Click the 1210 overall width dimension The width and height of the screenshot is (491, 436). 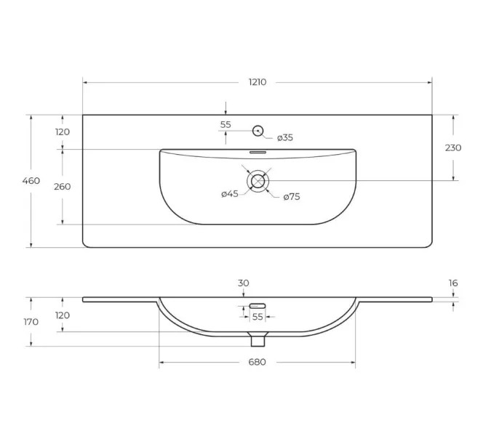click(x=258, y=82)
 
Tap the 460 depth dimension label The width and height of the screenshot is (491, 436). click(x=31, y=181)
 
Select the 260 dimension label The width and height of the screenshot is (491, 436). click(x=63, y=187)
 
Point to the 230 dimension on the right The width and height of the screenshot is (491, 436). click(x=453, y=148)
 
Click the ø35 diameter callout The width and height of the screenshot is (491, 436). click(x=285, y=137)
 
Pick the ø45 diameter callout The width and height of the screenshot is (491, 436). click(x=230, y=194)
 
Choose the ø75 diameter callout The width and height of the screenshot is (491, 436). click(x=292, y=197)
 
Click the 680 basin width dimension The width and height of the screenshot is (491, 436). click(x=257, y=362)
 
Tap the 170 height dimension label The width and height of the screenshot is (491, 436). click(x=31, y=322)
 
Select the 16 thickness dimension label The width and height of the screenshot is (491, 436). click(x=453, y=283)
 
